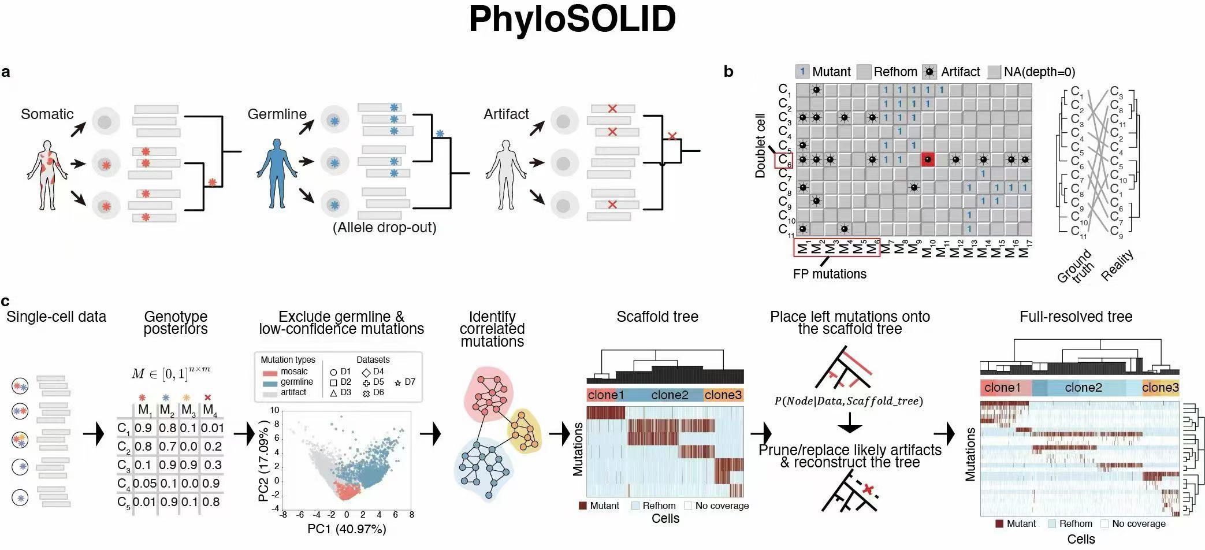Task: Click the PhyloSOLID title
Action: point(572,20)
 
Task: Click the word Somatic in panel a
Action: point(47,114)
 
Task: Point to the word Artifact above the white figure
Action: point(506,114)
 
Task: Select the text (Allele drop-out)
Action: point(384,228)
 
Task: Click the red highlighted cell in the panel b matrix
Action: point(928,159)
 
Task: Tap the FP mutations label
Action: point(830,274)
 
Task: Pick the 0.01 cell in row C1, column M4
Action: point(212,428)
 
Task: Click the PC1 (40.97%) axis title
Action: point(347,529)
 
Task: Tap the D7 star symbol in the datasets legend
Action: point(398,382)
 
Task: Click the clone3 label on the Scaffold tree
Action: point(723,395)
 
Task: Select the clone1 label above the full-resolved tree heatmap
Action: point(1002,388)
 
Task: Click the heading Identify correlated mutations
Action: point(492,329)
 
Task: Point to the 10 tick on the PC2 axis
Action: point(275,411)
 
